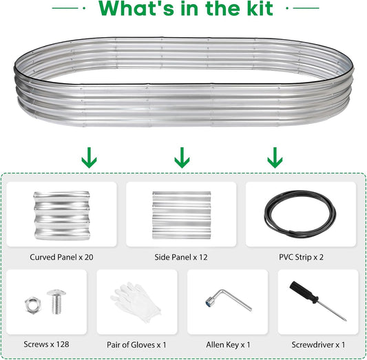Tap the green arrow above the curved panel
click(89, 158)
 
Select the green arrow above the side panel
click(182, 158)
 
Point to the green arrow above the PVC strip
click(275, 158)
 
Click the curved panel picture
click(62, 215)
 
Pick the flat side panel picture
click(182, 215)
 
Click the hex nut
click(33, 304)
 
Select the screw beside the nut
click(56, 301)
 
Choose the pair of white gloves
click(136, 301)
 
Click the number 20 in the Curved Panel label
click(89, 257)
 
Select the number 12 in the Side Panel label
click(203, 257)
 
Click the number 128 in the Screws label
click(63, 344)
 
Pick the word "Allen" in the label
click(215, 345)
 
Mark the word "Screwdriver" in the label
click(313, 345)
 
